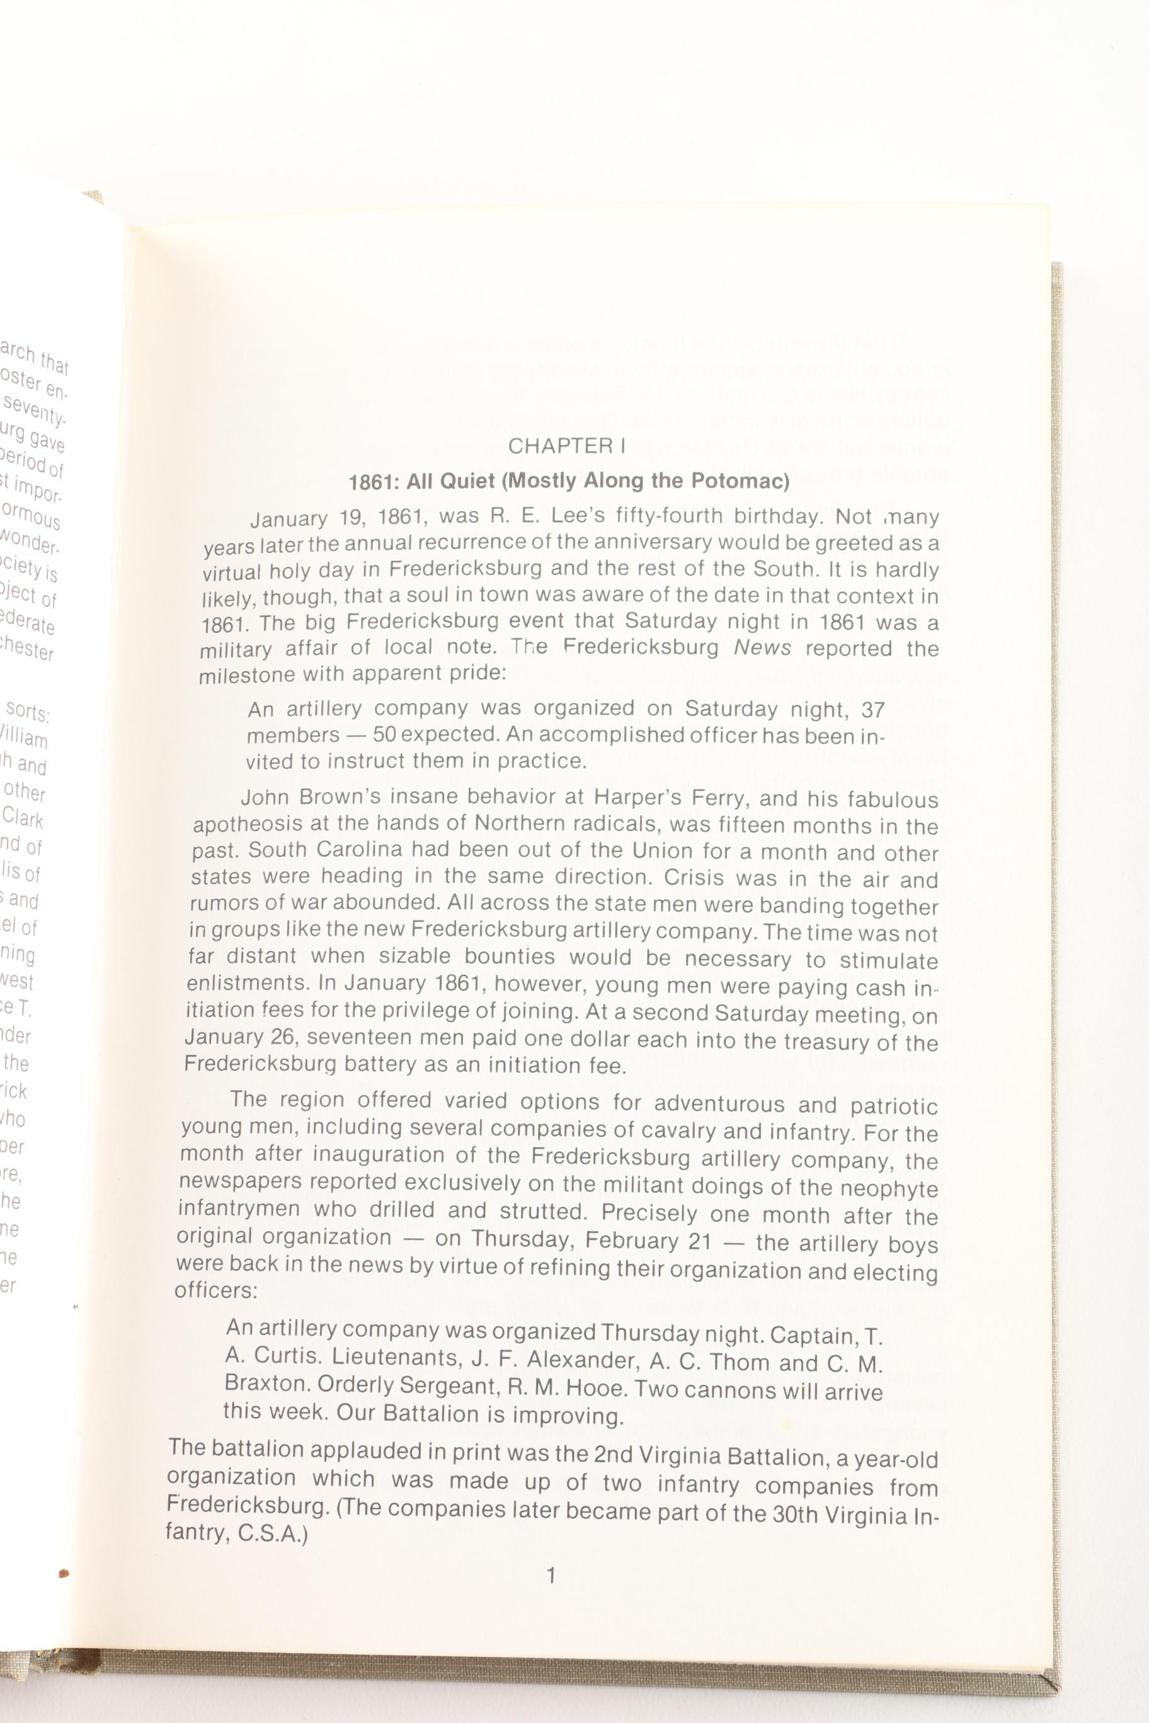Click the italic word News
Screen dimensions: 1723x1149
tap(762, 647)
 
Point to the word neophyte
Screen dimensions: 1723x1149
tap(891, 1188)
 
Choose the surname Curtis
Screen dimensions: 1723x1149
tap(285, 1355)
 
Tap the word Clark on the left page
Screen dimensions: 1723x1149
tap(23, 817)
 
